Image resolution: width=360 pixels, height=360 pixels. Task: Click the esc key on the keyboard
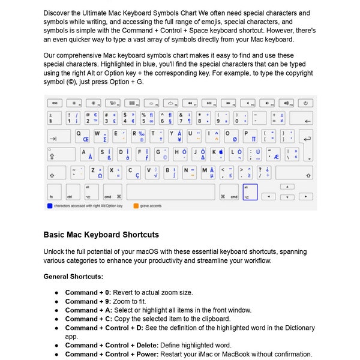coord(54,103)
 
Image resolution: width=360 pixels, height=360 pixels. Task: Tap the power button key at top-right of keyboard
coord(305,103)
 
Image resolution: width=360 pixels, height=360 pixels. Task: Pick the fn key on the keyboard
coord(54,192)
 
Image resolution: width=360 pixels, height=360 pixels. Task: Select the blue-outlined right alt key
coord(250,192)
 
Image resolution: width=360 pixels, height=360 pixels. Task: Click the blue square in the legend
coord(49,206)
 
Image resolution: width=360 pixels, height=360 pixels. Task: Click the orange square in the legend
coord(136,206)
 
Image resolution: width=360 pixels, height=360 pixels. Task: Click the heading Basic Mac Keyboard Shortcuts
coord(101,235)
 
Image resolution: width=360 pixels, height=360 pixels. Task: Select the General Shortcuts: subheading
coord(73,277)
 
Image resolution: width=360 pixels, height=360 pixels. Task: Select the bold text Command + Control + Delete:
coord(112,346)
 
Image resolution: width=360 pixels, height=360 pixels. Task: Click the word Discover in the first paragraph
coord(58,13)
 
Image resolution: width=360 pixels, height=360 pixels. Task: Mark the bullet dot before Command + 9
coord(56,301)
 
